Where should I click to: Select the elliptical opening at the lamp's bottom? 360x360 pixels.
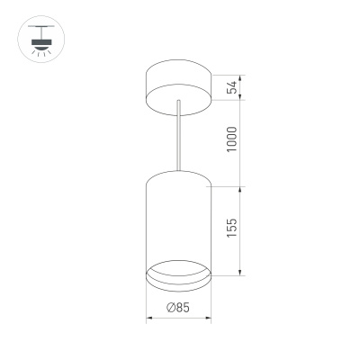[x=177, y=274]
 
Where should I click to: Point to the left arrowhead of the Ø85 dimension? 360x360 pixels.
[x=148, y=318]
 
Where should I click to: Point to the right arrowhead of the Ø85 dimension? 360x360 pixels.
[x=207, y=318]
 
